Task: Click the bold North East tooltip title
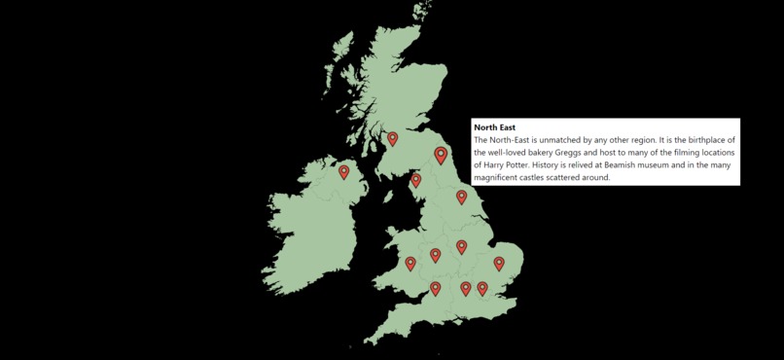pos(494,127)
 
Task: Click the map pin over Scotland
pos(393,138)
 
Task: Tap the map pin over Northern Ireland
pos(343,171)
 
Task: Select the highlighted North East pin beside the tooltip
pos(441,154)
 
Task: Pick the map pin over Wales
pos(410,263)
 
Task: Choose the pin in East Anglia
pos(499,263)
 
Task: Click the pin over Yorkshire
pos(461,197)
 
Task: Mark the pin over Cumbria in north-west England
pos(416,179)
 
